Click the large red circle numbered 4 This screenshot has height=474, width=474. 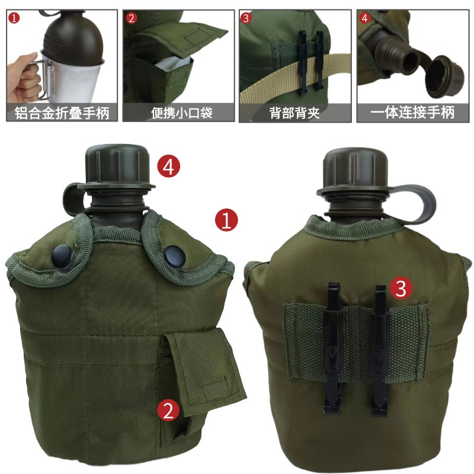[168, 166]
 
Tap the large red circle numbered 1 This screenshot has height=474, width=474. [226, 220]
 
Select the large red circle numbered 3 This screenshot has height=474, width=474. [401, 289]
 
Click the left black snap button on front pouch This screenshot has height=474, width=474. [61, 255]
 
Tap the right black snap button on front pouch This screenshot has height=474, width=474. [172, 256]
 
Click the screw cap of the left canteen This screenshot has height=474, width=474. [114, 165]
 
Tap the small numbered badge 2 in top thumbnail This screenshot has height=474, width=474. [132, 18]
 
